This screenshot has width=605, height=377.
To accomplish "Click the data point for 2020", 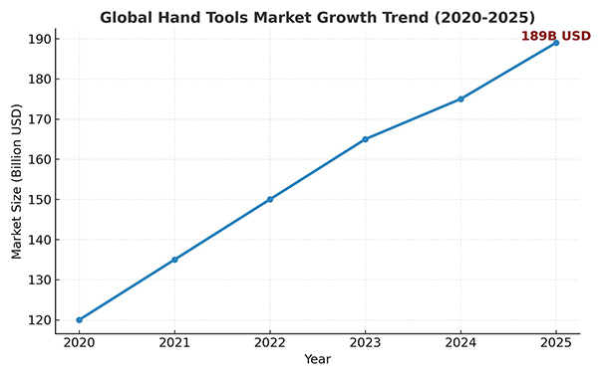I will (80, 319).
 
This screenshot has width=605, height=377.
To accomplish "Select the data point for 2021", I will (174, 260).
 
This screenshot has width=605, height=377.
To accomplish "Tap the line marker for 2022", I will (270, 199).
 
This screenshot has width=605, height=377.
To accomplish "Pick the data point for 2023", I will (365, 139).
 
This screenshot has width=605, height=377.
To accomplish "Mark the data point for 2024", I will (460, 98).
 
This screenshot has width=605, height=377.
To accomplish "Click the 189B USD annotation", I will (555, 36).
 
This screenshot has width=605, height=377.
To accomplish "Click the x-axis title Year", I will (318, 359).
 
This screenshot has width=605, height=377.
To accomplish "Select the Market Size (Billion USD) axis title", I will (16, 186).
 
